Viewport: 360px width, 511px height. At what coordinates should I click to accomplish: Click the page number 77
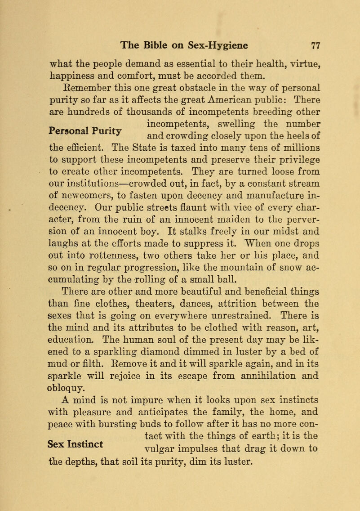(314, 45)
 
